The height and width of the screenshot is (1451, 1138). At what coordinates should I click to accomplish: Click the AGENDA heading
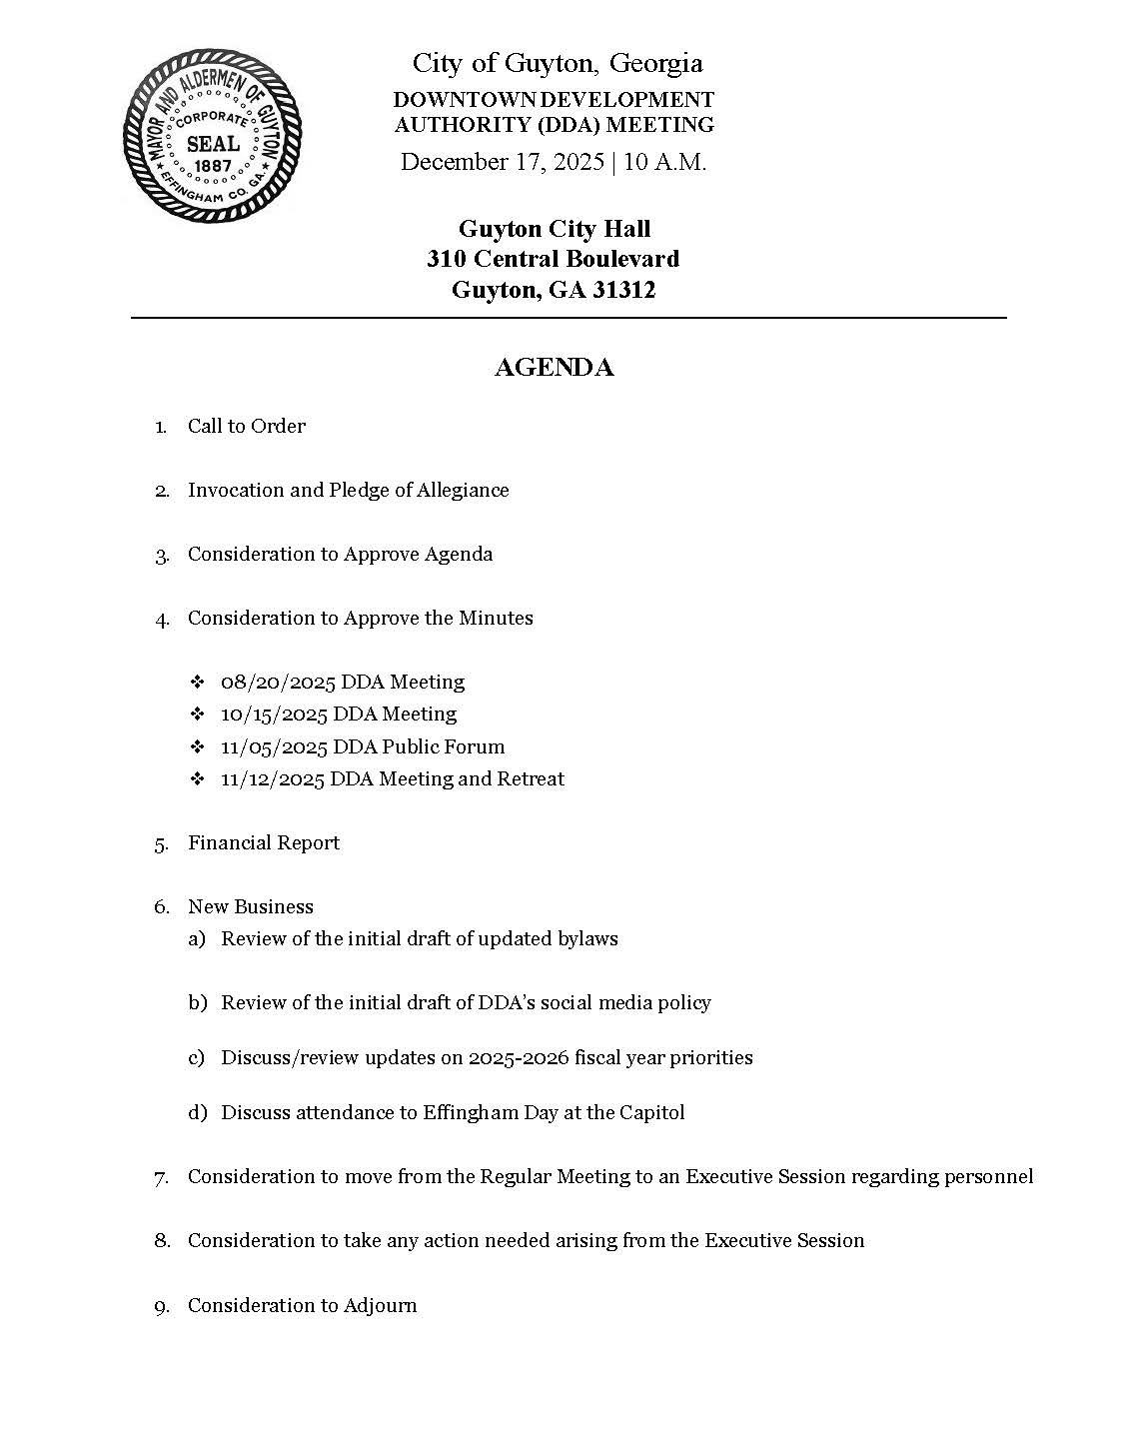point(554,368)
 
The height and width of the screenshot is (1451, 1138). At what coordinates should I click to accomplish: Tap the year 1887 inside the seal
point(212,166)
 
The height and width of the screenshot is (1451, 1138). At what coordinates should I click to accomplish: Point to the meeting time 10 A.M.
point(664,162)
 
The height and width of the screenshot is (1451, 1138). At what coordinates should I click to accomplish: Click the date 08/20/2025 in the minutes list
point(278,683)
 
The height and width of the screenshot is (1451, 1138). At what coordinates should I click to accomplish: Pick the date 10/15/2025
point(274,715)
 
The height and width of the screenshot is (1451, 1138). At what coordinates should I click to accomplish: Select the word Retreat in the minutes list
point(530,779)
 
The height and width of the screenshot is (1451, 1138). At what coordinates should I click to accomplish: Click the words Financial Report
point(264,843)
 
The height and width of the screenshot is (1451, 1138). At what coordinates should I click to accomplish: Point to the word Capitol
point(649,1113)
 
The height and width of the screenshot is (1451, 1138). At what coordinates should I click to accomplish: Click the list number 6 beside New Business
point(160,907)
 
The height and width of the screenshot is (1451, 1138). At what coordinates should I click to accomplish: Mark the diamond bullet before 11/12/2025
point(197,779)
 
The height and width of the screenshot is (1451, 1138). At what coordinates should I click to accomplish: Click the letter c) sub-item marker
point(196,1058)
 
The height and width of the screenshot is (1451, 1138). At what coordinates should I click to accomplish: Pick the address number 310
point(447,259)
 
